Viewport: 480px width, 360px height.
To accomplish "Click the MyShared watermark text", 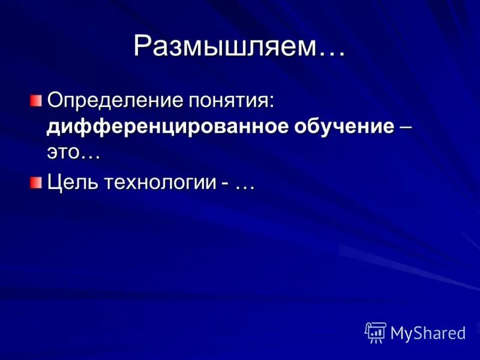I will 428,334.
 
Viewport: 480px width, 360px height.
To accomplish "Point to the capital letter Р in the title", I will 143,46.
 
